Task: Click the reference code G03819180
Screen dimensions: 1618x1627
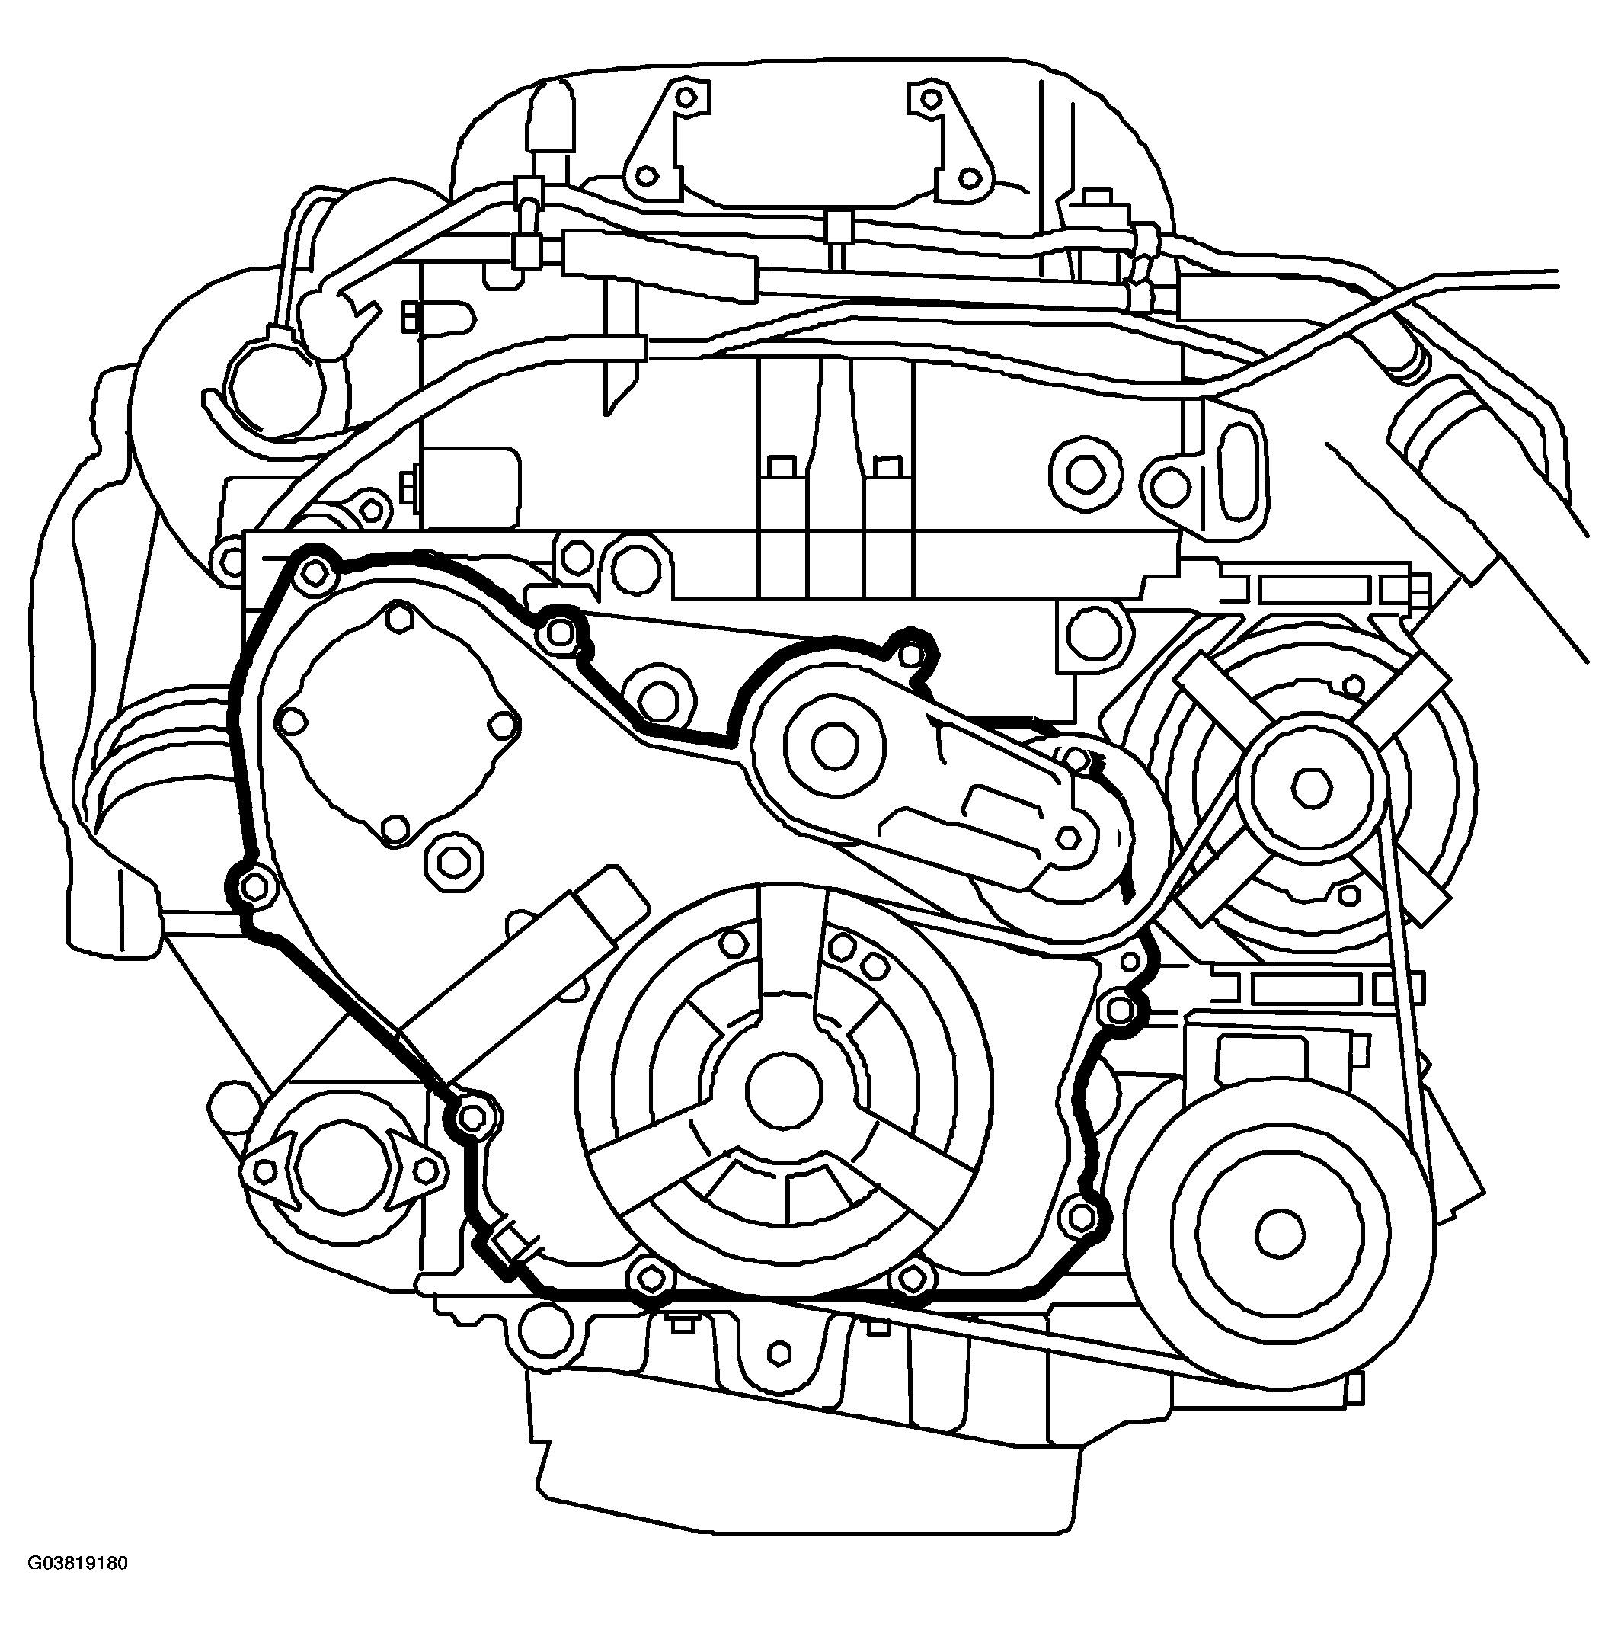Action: (78, 1587)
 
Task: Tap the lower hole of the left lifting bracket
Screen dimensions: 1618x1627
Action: (647, 177)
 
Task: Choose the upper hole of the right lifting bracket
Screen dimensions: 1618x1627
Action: (929, 98)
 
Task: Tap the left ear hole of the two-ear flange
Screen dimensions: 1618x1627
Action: (266, 1171)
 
